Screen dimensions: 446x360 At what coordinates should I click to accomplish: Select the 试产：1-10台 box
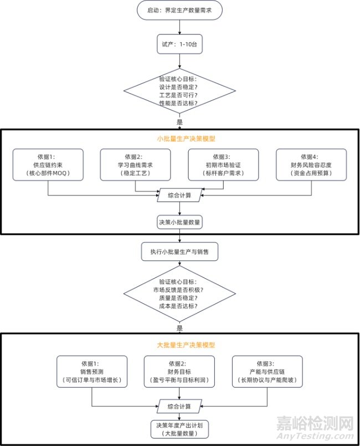pos(179,45)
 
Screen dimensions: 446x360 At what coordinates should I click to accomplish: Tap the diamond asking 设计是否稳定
pos(179,91)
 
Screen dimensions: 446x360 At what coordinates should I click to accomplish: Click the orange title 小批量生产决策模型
pos(179,139)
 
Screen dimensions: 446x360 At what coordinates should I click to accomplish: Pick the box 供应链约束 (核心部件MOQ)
pos(48,165)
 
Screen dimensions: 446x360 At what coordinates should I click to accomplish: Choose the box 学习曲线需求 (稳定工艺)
pos(136,165)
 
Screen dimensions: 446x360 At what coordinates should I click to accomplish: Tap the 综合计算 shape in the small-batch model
pos(179,195)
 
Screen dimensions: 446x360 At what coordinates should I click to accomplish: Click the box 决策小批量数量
pos(179,222)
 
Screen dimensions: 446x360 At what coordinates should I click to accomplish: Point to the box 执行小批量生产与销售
pos(179,252)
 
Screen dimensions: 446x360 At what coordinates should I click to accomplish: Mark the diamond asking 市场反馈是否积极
pos(179,298)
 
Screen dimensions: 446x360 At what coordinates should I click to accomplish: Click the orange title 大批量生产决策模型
pos(179,345)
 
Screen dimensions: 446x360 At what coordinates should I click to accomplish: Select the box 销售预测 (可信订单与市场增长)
pos(92,372)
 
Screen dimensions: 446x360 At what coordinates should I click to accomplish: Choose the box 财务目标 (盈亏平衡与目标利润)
pos(179,372)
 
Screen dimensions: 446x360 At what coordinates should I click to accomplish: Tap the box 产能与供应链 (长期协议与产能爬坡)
pos(267,372)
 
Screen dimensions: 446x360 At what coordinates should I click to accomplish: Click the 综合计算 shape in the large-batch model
pos(179,406)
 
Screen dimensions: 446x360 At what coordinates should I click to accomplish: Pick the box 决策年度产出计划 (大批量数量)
pos(179,429)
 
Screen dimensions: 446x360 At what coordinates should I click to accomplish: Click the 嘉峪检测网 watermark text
pos(314,424)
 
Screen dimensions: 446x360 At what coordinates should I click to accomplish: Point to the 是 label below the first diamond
pos(179,122)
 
